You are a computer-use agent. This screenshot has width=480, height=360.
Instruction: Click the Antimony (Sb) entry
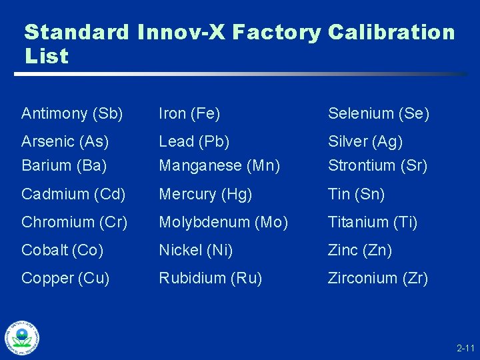click(72, 113)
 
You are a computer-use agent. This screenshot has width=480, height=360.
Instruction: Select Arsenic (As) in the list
click(65, 141)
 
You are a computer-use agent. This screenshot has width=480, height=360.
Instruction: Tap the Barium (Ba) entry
click(65, 165)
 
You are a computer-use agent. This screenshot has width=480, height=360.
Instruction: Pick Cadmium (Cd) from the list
click(73, 194)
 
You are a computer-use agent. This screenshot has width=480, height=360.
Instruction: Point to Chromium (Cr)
click(74, 222)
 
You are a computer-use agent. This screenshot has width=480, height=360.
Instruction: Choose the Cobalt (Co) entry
click(63, 250)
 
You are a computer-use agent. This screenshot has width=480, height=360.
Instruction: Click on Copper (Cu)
click(65, 278)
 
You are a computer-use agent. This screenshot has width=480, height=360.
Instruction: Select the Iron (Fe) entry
click(189, 113)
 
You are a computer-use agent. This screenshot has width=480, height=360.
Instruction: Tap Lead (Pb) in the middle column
click(194, 141)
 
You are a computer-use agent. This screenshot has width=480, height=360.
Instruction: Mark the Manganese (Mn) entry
click(219, 165)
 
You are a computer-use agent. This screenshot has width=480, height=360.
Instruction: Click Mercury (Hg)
click(205, 194)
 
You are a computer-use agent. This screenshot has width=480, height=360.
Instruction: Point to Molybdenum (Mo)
click(223, 222)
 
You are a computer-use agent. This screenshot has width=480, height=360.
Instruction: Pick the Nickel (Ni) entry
click(195, 250)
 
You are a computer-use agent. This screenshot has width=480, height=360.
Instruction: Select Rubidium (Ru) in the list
click(210, 278)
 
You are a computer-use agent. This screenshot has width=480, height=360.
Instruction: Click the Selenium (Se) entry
click(379, 113)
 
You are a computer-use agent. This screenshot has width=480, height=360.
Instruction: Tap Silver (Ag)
click(365, 141)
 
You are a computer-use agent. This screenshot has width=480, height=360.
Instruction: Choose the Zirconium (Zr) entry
click(378, 278)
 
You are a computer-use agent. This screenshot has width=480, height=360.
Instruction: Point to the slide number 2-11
click(465, 349)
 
